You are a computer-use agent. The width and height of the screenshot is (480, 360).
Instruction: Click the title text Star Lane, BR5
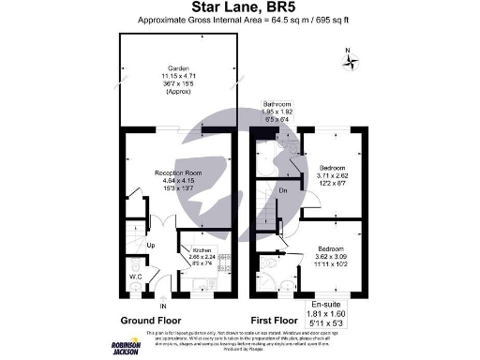[x=239, y=7]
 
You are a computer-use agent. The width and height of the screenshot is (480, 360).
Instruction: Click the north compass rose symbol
[x=352, y=63]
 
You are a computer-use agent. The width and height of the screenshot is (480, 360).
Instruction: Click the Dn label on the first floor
[x=283, y=190]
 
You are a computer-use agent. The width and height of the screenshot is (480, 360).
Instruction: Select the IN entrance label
[x=163, y=306]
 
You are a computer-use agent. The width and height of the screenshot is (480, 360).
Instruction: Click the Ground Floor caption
[x=149, y=319]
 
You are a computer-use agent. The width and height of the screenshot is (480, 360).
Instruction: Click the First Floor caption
[x=279, y=319]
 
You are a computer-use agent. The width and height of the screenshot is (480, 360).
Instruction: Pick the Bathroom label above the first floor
[x=277, y=104]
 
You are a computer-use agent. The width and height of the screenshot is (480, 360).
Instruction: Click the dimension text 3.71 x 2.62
[x=333, y=174]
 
